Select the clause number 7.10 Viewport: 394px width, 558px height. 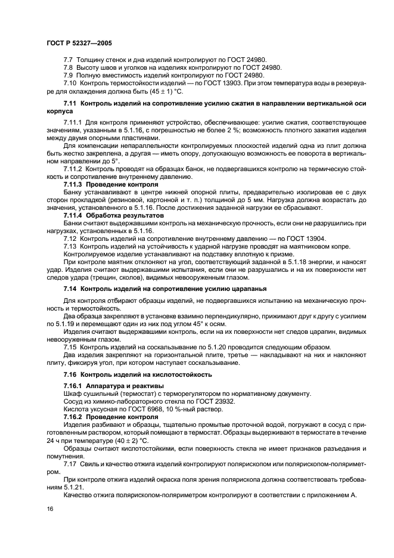pos(70,84)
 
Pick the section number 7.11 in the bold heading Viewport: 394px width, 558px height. pos(70,104)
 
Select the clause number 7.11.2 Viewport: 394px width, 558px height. pos(74,169)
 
